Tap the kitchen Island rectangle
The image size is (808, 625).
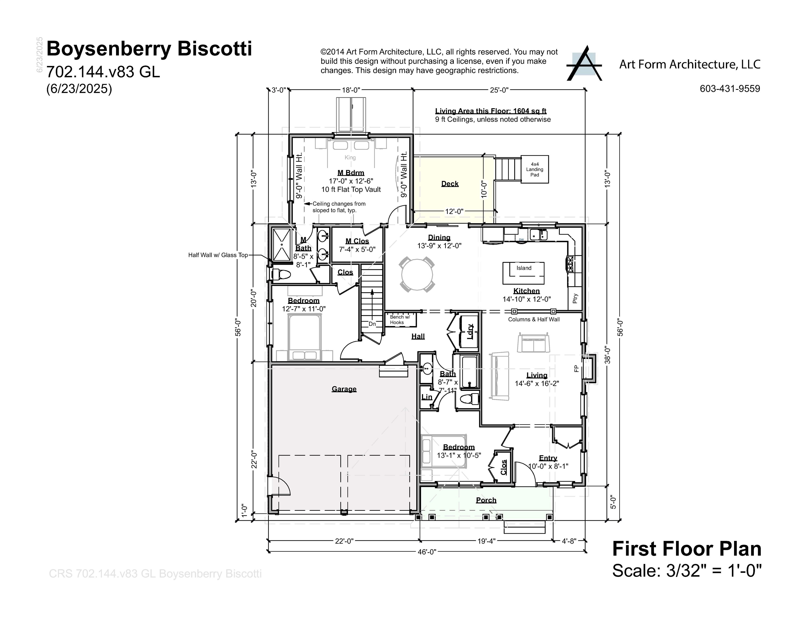(x=523, y=273)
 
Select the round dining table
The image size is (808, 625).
(x=417, y=275)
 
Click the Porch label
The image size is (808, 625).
(x=486, y=500)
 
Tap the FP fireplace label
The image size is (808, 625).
(x=576, y=368)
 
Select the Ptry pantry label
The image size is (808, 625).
(x=575, y=298)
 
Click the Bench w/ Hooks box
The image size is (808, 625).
(x=400, y=320)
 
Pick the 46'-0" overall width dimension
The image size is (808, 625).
(x=427, y=552)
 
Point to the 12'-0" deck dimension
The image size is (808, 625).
(x=454, y=211)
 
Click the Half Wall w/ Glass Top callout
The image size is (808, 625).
(x=218, y=255)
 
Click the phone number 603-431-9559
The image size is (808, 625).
(x=730, y=89)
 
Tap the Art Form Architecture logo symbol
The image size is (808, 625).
(x=584, y=64)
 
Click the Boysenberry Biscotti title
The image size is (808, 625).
(x=149, y=49)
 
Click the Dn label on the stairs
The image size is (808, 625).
(x=372, y=324)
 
